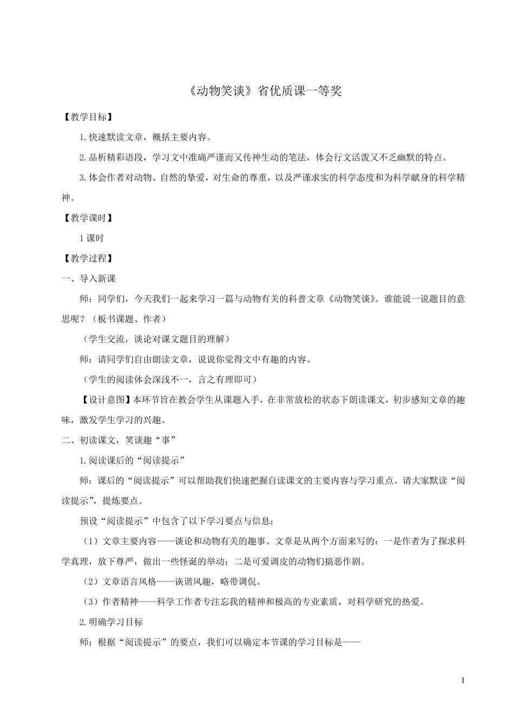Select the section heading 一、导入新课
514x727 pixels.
click(89, 279)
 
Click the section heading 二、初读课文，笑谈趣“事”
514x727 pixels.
click(120, 440)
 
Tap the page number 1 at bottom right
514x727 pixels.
click(463, 680)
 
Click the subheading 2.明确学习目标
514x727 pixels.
click(111, 622)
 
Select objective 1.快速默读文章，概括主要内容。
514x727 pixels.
click(146, 137)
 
